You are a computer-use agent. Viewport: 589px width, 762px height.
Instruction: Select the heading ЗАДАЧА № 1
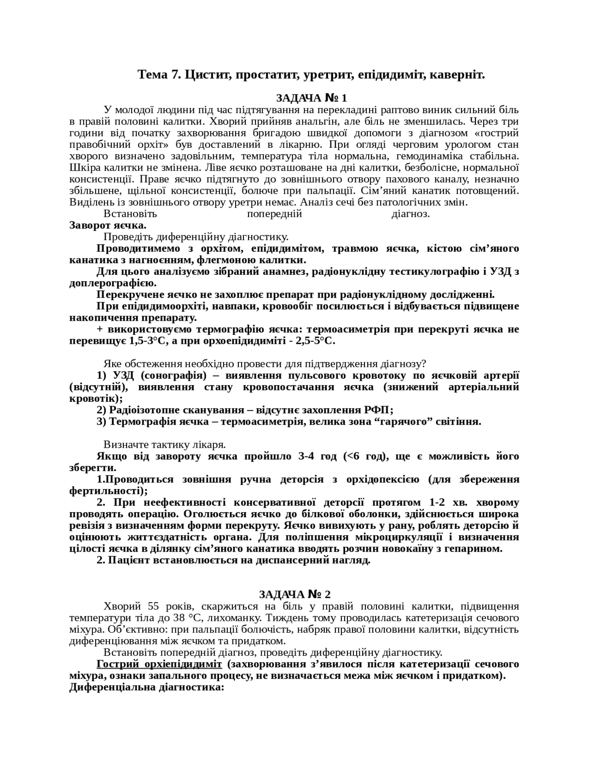pos(311,98)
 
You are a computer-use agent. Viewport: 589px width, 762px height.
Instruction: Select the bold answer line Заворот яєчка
pos(108,225)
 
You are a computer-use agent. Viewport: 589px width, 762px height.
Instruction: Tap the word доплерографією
pos(112,283)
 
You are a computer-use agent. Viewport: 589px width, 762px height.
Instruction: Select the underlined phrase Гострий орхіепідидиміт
pos(159,664)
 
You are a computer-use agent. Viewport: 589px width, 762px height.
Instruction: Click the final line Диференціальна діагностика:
pos(147,687)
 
